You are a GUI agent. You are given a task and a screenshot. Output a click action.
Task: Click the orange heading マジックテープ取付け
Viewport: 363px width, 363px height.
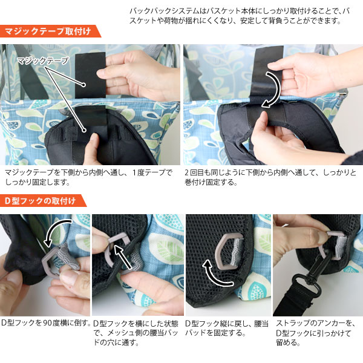click(x=48, y=31)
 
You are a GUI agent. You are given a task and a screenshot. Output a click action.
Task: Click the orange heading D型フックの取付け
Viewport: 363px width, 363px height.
click(x=41, y=201)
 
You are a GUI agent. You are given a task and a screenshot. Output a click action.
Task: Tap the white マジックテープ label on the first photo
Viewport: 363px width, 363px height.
click(x=43, y=61)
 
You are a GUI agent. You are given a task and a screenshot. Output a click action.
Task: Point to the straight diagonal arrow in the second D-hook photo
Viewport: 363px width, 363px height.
click(x=124, y=257)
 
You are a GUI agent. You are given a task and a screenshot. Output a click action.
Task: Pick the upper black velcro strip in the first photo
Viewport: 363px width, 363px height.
click(x=90, y=75)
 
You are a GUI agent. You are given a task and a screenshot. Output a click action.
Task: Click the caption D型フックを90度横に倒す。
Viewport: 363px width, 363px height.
click(x=45, y=322)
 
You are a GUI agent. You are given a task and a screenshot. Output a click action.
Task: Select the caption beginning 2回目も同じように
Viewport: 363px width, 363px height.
click(x=270, y=177)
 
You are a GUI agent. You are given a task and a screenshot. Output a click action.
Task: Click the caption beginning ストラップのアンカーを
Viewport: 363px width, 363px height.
click(x=315, y=333)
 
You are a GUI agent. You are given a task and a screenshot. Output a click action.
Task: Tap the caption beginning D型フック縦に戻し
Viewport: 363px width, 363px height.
click(x=227, y=328)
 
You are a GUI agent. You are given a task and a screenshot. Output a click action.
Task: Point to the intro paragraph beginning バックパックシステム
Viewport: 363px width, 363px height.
click(x=240, y=16)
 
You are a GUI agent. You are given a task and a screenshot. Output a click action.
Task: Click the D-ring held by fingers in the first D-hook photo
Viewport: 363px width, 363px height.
click(x=51, y=261)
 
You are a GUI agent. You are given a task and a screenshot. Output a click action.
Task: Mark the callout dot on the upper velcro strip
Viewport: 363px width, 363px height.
click(x=83, y=85)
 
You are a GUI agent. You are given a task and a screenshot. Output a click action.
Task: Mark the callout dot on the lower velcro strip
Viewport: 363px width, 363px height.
click(x=84, y=130)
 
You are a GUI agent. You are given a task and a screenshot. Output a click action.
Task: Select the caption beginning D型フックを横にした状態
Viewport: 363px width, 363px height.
click(x=136, y=333)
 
